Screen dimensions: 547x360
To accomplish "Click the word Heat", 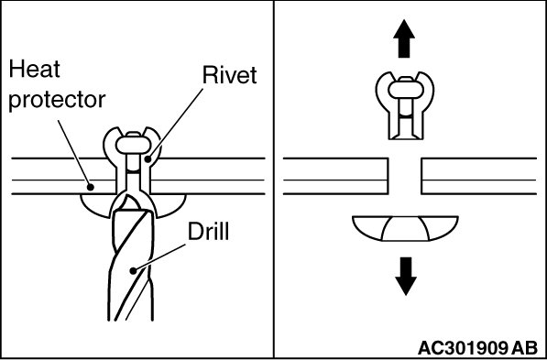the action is click(x=34, y=69).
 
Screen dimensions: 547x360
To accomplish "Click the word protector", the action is click(x=57, y=100).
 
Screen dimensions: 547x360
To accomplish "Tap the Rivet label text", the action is click(x=230, y=74).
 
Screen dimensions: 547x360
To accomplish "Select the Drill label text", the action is click(x=208, y=231).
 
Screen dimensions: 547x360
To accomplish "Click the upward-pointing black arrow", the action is click(x=404, y=38).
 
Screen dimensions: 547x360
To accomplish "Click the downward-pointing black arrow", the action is click(x=406, y=277).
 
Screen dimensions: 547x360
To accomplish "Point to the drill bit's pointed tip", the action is click(x=128, y=196).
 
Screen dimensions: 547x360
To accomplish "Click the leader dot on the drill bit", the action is click(x=133, y=270).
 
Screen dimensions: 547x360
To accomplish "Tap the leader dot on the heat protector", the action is click(x=91, y=187).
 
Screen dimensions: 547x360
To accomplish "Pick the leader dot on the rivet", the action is click(x=148, y=159).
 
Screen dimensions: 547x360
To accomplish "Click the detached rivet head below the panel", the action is click(x=405, y=229).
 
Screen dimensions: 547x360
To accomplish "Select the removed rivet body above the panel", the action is click(x=405, y=105).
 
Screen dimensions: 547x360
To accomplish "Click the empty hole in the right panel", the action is click(x=405, y=176).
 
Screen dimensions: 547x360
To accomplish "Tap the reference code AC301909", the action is click(x=462, y=348).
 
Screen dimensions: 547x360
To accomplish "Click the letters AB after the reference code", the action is click(x=525, y=348).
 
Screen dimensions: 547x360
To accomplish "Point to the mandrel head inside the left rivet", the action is click(x=133, y=145).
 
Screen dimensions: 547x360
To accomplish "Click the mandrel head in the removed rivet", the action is click(x=405, y=90).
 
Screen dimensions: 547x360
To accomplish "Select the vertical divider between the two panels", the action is click(x=274, y=180).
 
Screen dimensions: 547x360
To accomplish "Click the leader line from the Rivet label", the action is click(x=175, y=125).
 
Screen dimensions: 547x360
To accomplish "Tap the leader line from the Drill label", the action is click(x=159, y=257).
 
